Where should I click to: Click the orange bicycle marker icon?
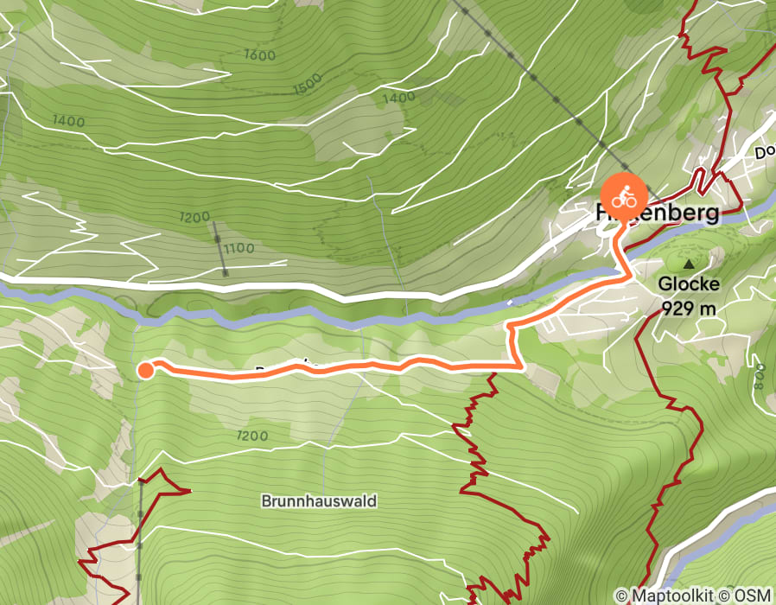pos(624,198)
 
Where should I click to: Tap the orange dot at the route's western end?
pos(145,371)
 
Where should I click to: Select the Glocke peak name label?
pos(688,283)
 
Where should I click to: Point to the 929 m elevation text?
pos(688,306)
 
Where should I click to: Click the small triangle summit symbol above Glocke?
pos(689,264)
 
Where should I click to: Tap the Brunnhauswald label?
pos(320,501)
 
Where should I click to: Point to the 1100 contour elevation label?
pos(238,249)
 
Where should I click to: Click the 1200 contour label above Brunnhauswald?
pos(251,436)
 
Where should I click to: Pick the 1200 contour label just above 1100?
pos(195,217)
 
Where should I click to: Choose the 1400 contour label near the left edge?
pos(68,122)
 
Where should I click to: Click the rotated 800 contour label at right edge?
pos(759,375)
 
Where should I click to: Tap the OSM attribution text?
pos(754,595)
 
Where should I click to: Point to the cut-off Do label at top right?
pos(765,153)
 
